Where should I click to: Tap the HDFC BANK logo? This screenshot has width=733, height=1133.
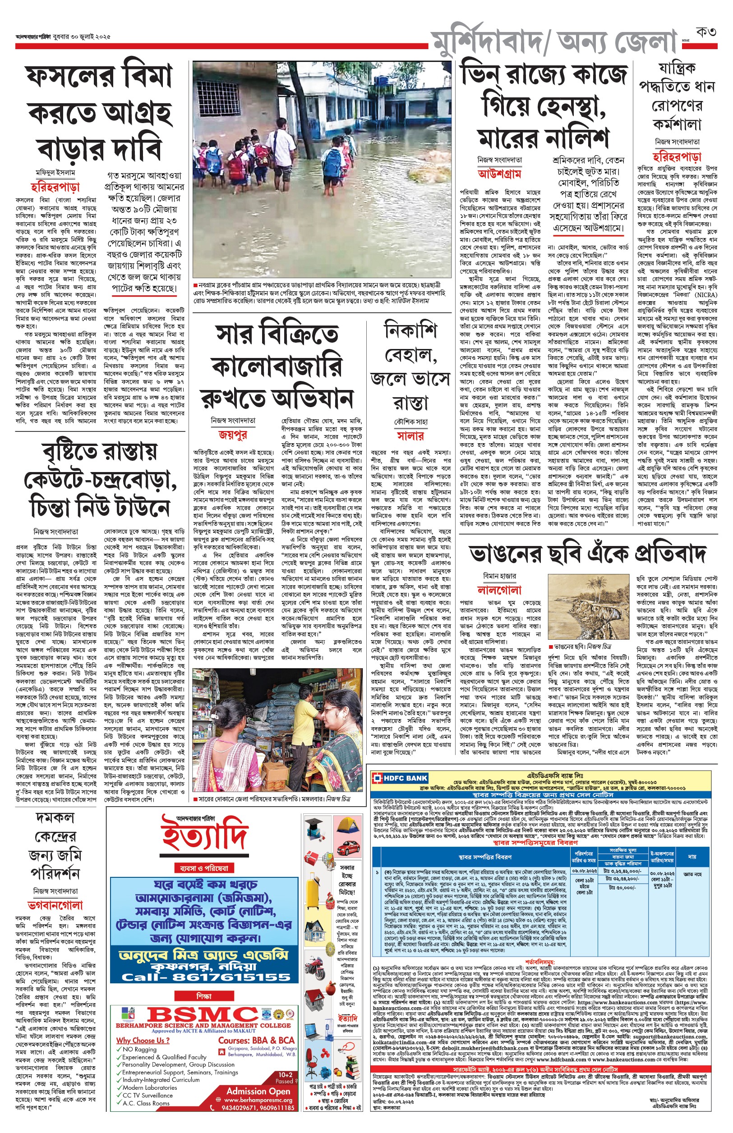[x=400, y=779]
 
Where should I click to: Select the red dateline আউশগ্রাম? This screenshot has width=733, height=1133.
[x=499, y=174]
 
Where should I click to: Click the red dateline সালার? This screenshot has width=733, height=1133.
[x=410, y=436]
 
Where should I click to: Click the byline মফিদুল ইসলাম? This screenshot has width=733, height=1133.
[x=55, y=173]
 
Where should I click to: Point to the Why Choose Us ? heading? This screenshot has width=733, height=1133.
[x=143, y=1041]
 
